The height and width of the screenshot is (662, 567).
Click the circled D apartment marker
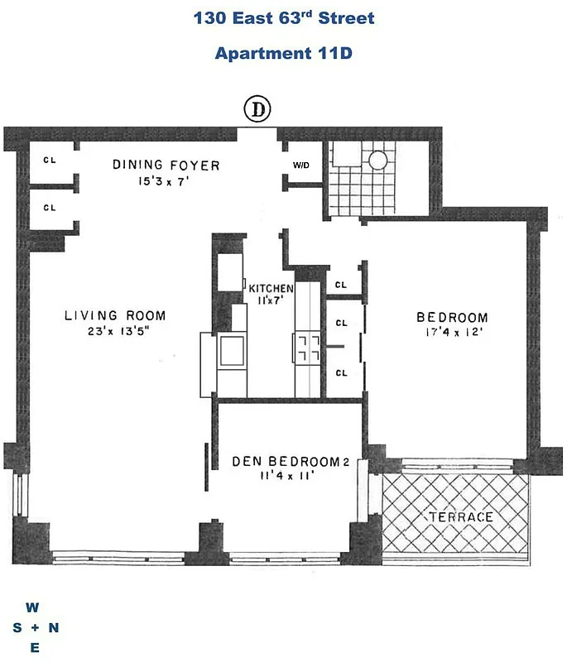(258, 108)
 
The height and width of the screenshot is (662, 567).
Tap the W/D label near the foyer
(300, 165)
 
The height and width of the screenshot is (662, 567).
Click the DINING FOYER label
(166, 165)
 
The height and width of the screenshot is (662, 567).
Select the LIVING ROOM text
(115, 315)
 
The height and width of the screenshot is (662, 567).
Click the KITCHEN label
(271, 288)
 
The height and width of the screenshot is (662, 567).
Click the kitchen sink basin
(230, 350)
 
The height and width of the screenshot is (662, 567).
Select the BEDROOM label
(452, 317)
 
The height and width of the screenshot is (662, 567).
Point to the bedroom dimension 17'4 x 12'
(452, 333)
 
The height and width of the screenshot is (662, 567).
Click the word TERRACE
(460, 517)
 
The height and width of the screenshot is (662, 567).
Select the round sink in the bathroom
(379, 161)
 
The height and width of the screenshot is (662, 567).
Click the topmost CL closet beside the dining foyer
(50, 161)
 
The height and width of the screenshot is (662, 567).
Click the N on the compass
(54, 628)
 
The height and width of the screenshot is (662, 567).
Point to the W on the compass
(32, 607)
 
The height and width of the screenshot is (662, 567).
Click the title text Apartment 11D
(284, 54)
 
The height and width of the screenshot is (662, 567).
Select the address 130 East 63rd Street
(284, 17)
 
